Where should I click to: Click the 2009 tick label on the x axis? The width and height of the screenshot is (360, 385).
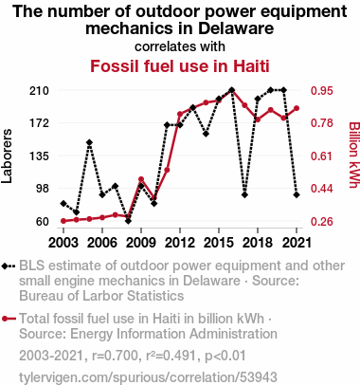(x=141, y=243)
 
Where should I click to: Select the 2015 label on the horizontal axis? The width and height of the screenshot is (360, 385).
(x=219, y=243)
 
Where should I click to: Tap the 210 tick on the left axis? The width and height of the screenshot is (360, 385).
(x=40, y=91)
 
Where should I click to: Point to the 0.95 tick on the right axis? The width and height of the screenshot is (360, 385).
(x=322, y=91)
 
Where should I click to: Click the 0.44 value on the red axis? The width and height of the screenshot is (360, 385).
(x=322, y=189)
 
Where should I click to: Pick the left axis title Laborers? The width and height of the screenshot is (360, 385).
(x=7, y=156)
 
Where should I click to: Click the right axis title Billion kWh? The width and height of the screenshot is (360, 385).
(x=354, y=155)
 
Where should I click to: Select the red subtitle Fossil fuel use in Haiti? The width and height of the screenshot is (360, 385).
(x=180, y=66)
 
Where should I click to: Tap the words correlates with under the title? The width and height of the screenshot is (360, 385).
(x=180, y=46)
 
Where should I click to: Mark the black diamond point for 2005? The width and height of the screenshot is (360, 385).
(x=89, y=142)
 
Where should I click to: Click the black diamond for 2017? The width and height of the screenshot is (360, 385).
(x=244, y=194)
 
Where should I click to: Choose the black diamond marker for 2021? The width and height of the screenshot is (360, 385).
(x=297, y=194)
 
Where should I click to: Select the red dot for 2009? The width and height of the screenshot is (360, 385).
(x=141, y=179)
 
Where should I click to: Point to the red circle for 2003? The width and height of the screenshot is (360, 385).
(x=63, y=221)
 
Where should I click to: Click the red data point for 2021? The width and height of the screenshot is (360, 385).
(x=297, y=108)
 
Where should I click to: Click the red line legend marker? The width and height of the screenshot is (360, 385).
(x=9, y=319)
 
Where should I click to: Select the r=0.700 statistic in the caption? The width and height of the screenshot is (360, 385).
(x=115, y=356)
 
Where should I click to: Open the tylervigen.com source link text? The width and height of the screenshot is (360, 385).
(x=148, y=377)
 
